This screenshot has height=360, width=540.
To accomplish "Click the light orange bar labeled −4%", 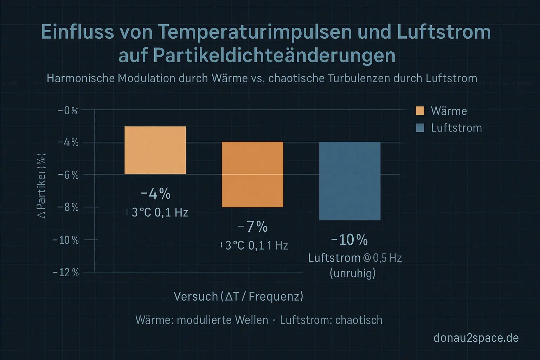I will [155, 150].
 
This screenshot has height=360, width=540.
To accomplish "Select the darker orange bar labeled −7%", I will [252, 174].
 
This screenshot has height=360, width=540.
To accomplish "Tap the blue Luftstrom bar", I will [350, 181].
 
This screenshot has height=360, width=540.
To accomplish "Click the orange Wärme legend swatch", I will [420, 111].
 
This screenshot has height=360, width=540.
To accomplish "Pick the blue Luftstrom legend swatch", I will [420, 128].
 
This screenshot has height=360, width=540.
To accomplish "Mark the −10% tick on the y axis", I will [66, 240].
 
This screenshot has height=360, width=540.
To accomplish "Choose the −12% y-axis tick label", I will [66, 272].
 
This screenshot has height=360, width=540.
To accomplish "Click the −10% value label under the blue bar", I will [349, 240].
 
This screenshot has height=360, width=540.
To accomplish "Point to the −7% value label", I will [253, 227].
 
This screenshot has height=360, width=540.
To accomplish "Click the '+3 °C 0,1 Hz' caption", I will [156, 213].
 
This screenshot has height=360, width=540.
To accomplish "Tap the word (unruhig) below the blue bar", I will [353, 273].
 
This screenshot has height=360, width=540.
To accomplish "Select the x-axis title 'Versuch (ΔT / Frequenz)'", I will [238, 296].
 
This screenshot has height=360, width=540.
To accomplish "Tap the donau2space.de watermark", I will [476, 338].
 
